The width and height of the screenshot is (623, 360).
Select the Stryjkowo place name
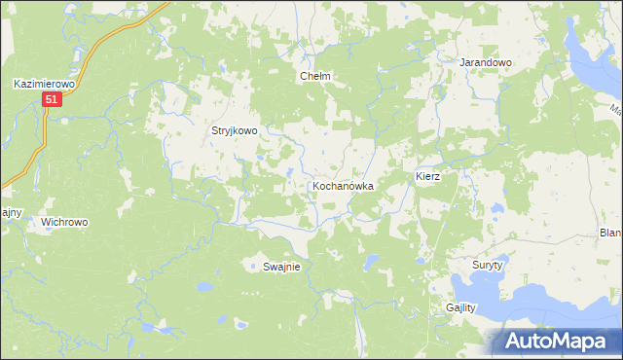click(235, 130)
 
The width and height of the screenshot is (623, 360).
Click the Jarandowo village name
click(486, 62)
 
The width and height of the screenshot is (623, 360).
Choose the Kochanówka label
click(344, 185)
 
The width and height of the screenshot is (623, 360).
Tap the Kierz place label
click(428, 177)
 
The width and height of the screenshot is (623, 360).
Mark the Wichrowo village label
click(64, 222)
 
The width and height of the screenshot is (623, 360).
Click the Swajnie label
click(281, 267)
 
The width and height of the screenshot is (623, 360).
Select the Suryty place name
click(487, 265)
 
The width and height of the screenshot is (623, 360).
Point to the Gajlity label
click(461, 307)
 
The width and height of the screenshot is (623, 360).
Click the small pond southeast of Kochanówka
click(371, 261)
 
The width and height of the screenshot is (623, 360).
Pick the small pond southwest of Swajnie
click(204, 288)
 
